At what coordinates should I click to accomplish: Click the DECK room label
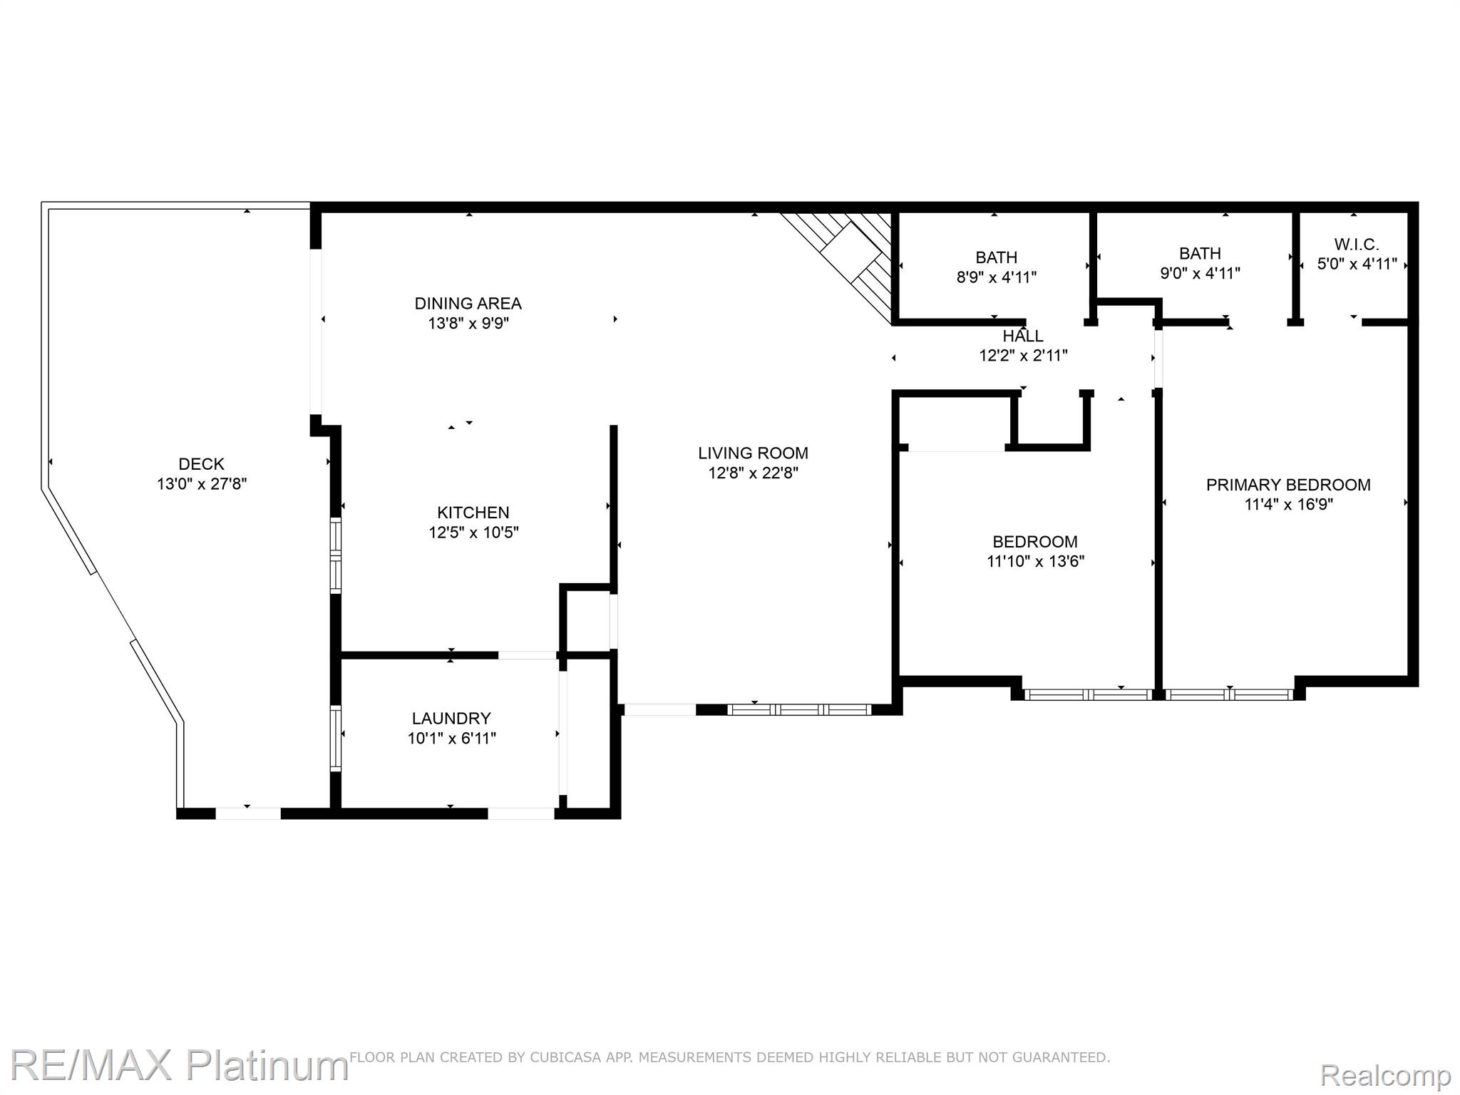pyautogui.click(x=202, y=464)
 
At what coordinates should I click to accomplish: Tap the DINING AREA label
pyautogui.click(x=468, y=304)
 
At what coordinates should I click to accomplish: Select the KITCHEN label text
pyautogui.click(x=473, y=513)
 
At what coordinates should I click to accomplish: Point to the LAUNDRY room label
pyautogui.click(x=451, y=719)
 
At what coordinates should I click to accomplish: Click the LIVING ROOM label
pyautogui.click(x=753, y=453)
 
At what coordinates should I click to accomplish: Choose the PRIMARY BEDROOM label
pyautogui.click(x=1288, y=485)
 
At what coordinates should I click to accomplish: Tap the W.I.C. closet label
pyautogui.click(x=1356, y=245)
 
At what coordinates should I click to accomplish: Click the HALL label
pyautogui.click(x=1023, y=336)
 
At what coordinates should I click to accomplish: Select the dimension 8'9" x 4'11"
pyautogui.click(x=996, y=277)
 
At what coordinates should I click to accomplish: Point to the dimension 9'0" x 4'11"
pyautogui.click(x=1200, y=273)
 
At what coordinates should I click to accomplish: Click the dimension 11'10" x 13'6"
pyautogui.click(x=1035, y=562)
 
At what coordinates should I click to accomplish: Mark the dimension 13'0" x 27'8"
pyautogui.click(x=202, y=484)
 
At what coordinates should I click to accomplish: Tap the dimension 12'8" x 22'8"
pyautogui.click(x=753, y=473)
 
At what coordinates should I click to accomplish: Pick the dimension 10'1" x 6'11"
pyautogui.click(x=451, y=739)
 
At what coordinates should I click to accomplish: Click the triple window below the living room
pyautogui.click(x=799, y=709)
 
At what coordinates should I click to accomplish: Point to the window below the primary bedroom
pyautogui.click(x=1229, y=694)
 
